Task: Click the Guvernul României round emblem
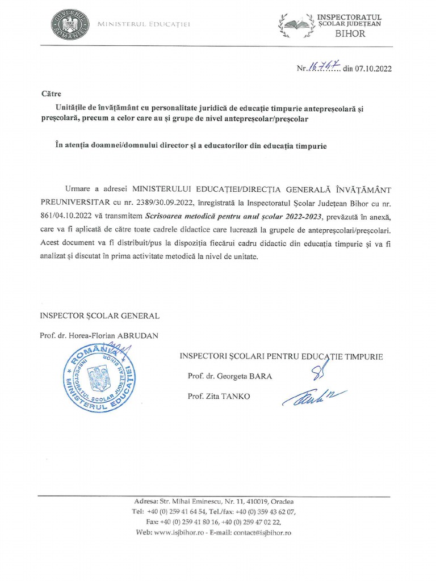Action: [70, 24]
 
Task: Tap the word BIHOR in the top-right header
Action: [351, 33]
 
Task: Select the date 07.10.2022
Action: [373, 69]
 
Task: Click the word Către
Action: [51, 93]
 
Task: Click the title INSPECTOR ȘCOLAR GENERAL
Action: [99, 315]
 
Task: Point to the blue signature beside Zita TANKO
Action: [309, 396]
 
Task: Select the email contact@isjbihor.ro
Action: [259, 533]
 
